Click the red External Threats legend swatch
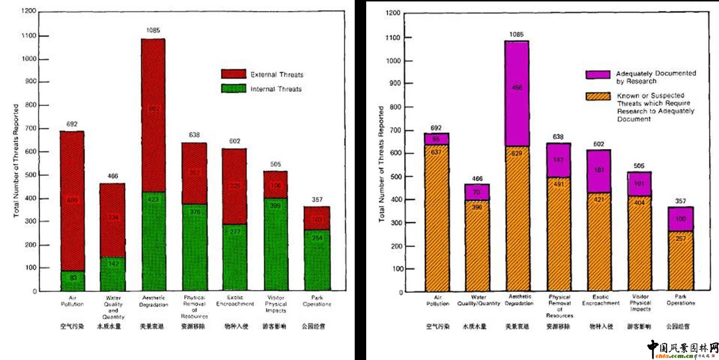click(233, 74)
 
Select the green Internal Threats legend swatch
click(233, 89)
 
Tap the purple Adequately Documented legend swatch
click(598, 75)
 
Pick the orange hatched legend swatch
click(598, 96)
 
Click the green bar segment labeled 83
click(73, 281)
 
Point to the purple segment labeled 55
click(437, 139)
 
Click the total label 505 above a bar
click(275, 164)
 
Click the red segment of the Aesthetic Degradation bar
click(153, 115)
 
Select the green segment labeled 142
click(113, 274)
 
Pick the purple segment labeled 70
click(477, 192)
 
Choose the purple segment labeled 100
click(681, 219)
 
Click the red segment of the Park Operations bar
click(317, 218)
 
